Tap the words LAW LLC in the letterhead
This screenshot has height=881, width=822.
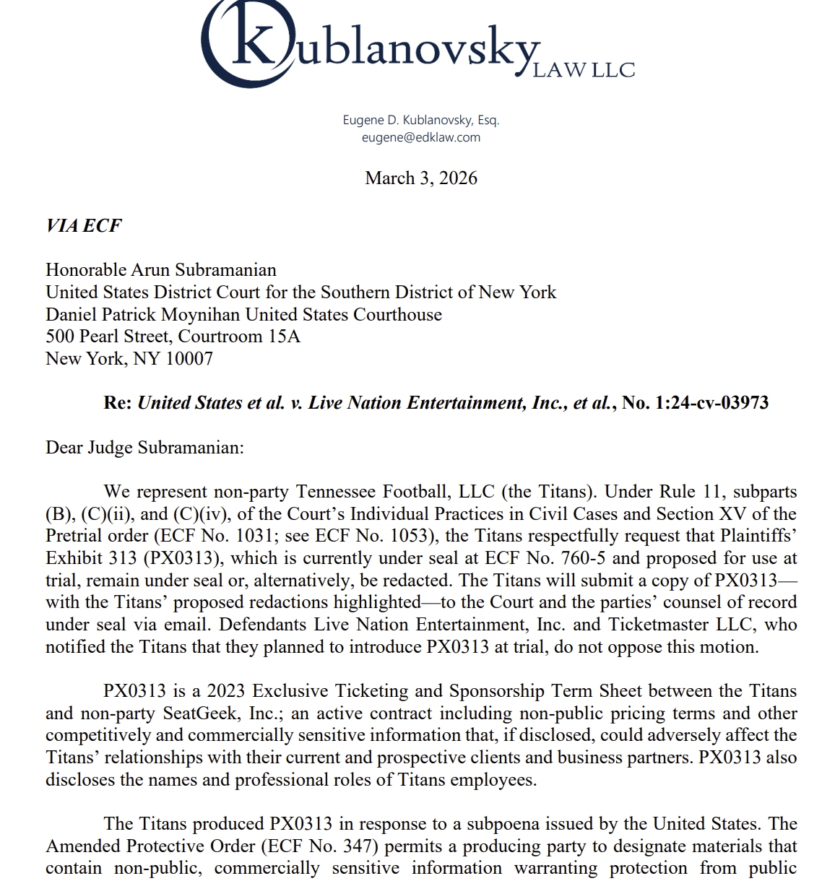click(584, 70)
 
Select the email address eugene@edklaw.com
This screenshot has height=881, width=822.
click(421, 137)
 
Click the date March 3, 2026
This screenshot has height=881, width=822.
click(421, 178)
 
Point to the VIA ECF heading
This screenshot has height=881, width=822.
click(83, 225)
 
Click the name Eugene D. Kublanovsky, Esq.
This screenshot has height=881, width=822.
click(421, 120)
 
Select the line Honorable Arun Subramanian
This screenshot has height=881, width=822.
click(160, 270)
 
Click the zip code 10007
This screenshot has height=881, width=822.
click(189, 359)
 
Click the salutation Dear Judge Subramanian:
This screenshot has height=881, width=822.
click(144, 448)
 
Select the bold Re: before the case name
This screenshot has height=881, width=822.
click(118, 403)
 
